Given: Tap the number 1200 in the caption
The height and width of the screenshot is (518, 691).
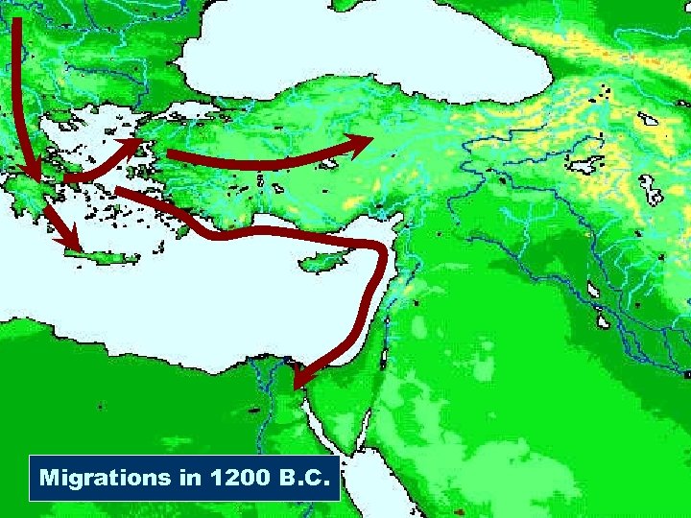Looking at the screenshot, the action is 229,477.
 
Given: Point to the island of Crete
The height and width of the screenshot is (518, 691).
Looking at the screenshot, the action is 102,256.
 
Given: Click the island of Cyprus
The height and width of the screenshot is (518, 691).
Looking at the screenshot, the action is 322,259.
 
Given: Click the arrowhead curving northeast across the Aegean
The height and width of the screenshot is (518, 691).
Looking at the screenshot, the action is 135,146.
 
